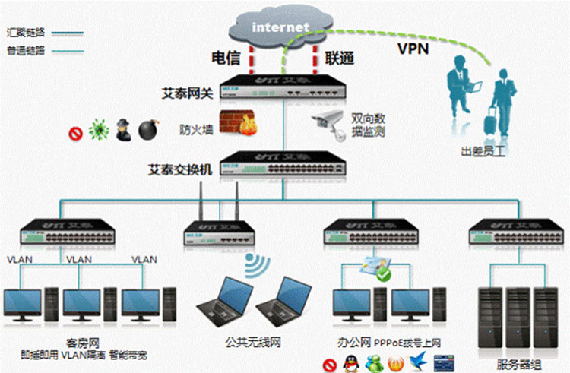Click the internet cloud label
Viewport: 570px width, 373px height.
[x=280, y=27]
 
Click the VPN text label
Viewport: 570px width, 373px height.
[x=412, y=49]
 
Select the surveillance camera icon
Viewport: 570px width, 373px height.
[x=329, y=122]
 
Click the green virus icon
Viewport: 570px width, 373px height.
[x=97, y=130]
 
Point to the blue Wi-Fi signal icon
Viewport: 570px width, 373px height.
[x=256, y=264]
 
